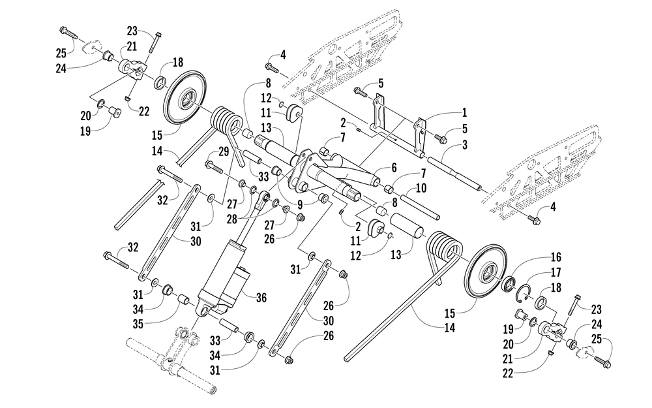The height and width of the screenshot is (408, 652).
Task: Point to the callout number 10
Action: [420, 188]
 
